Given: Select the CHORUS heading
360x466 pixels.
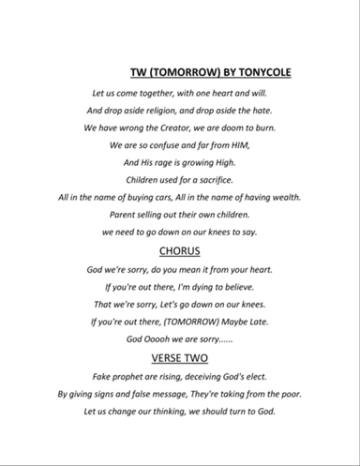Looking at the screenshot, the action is pyautogui.click(x=179, y=251).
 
